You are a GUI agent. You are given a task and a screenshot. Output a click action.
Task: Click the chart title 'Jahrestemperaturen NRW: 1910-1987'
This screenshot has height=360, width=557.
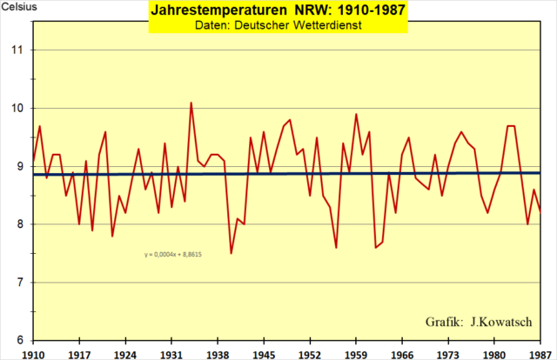pos(278,12)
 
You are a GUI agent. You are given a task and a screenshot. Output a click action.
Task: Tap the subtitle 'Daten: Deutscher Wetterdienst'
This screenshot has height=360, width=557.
pos(278,26)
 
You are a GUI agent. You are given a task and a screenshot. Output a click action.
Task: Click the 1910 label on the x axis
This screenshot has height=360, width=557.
pos(32,354)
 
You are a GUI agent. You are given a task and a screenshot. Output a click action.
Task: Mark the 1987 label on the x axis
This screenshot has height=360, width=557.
pos(541,354)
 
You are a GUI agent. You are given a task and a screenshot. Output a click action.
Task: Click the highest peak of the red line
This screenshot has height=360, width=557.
pos(191,103)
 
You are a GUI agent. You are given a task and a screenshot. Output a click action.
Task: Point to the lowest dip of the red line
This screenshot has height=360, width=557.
pos(231,253)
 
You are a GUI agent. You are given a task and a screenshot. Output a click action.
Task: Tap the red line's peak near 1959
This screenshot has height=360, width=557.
pos(356,114)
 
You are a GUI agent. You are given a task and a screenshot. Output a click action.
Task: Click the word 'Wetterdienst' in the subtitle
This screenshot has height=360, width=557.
pos(326,26)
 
